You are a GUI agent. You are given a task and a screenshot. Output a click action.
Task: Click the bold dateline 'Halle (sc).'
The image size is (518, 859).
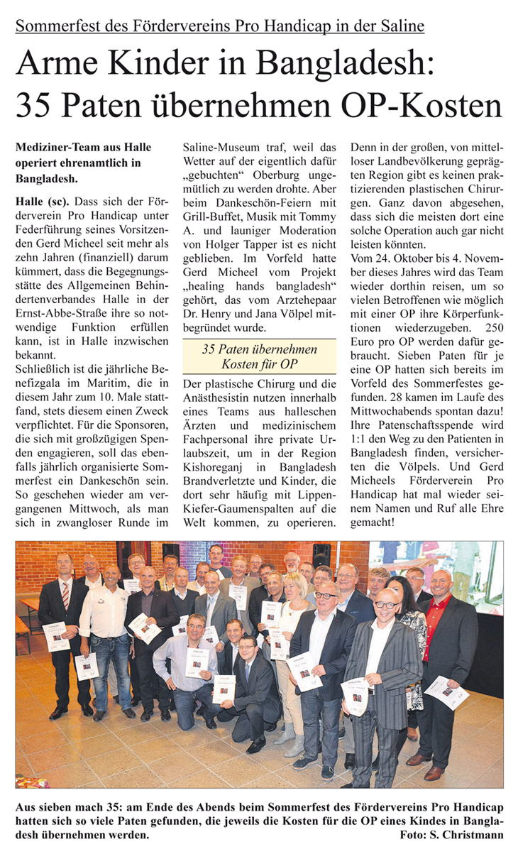pyautogui.click(x=42, y=202)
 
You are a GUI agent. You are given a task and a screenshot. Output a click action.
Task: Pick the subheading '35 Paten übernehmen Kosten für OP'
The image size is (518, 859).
pyautogui.click(x=259, y=356)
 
